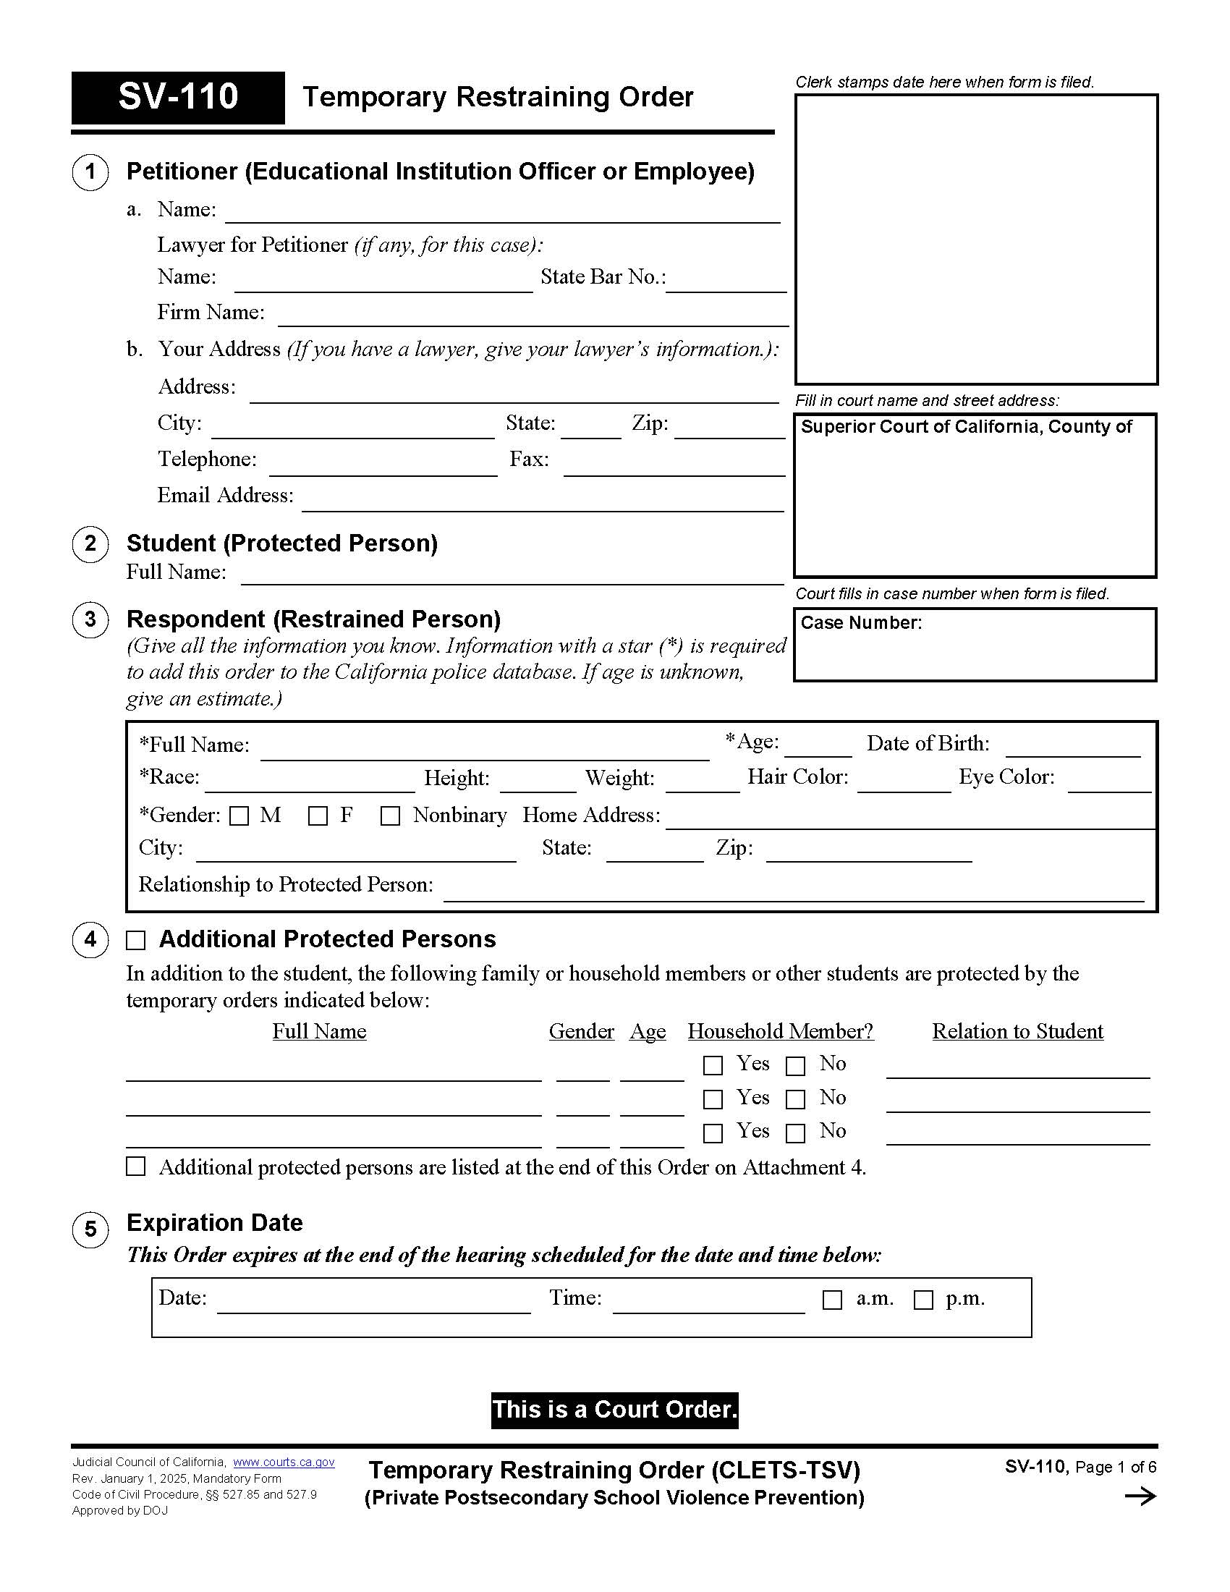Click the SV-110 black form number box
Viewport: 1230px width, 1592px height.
pos(178,97)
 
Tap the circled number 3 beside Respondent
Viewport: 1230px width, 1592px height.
pos(90,619)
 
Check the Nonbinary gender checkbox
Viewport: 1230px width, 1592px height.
pos(390,816)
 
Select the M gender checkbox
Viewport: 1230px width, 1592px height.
pos(239,816)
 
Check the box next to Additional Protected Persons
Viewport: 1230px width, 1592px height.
pos(135,940)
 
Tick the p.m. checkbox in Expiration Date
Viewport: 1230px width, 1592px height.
pos(922,1300)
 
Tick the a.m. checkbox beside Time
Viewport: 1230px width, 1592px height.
pos(831,1300)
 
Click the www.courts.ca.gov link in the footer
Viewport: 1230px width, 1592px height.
pos(284,1462)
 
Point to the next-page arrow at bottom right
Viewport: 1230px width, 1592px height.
pos(1140,1496)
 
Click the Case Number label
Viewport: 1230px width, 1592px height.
pos(860,622)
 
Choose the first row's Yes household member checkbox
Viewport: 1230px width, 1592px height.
pos(713,1066)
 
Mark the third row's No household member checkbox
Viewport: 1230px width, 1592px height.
pos(795,1132)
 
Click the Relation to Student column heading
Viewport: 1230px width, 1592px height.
pos(1017,1031)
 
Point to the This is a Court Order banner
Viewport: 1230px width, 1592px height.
pos(614,1409)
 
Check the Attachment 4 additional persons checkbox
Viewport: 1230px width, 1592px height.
pos(135,1167)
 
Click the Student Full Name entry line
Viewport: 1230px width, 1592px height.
pos(512,577)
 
